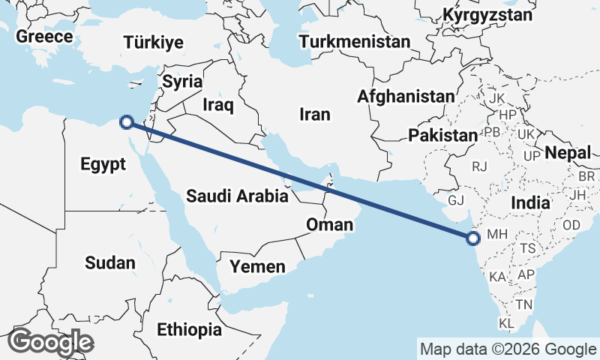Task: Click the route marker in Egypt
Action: tap(127, 121)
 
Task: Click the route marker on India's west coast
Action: tap(472, 238)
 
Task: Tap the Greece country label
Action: tap(45, 37)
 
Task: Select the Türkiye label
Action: tap(153, 42)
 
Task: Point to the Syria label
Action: tap(183, 81)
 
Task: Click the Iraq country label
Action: tap(218, 104)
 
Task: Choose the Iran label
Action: tap(314, 114)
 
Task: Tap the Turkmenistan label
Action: tap(355, 41)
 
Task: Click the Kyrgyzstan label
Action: tap(487, 15)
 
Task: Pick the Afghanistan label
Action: tap(406, 96)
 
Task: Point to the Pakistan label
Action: tap(443, 136)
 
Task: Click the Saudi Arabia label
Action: tap(238, 196)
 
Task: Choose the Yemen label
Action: tap(257, 266)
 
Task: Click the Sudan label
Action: tap(110, 262)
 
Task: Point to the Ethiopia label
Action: tap(189, 328)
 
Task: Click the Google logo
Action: tap(50, 342)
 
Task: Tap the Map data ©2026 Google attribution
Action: tap(508, 349)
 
